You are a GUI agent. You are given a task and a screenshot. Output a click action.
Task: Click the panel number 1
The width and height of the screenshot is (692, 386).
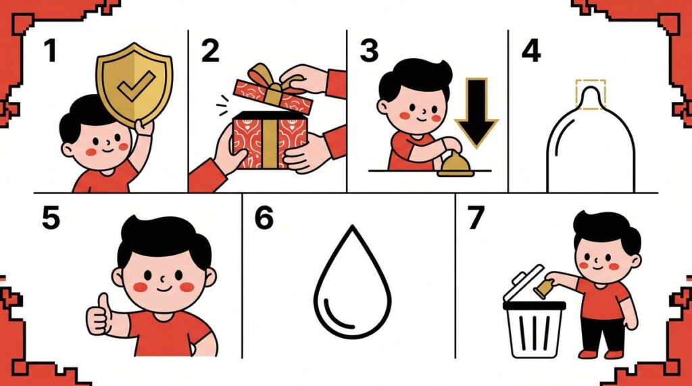point(50,51)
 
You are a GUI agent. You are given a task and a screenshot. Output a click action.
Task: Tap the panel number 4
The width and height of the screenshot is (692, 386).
point(531,51)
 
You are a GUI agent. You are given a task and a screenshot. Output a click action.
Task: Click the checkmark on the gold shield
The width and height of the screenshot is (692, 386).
point(136,85)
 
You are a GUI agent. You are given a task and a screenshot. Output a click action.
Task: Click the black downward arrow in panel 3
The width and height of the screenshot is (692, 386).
point(476,113)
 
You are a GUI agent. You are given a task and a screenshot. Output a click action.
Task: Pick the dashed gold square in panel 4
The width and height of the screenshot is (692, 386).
point(591,91)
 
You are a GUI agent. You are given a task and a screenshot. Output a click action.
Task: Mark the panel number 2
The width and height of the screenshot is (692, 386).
point(210,51)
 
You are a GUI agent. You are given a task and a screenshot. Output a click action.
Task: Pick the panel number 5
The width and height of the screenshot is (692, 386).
point(51,218)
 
